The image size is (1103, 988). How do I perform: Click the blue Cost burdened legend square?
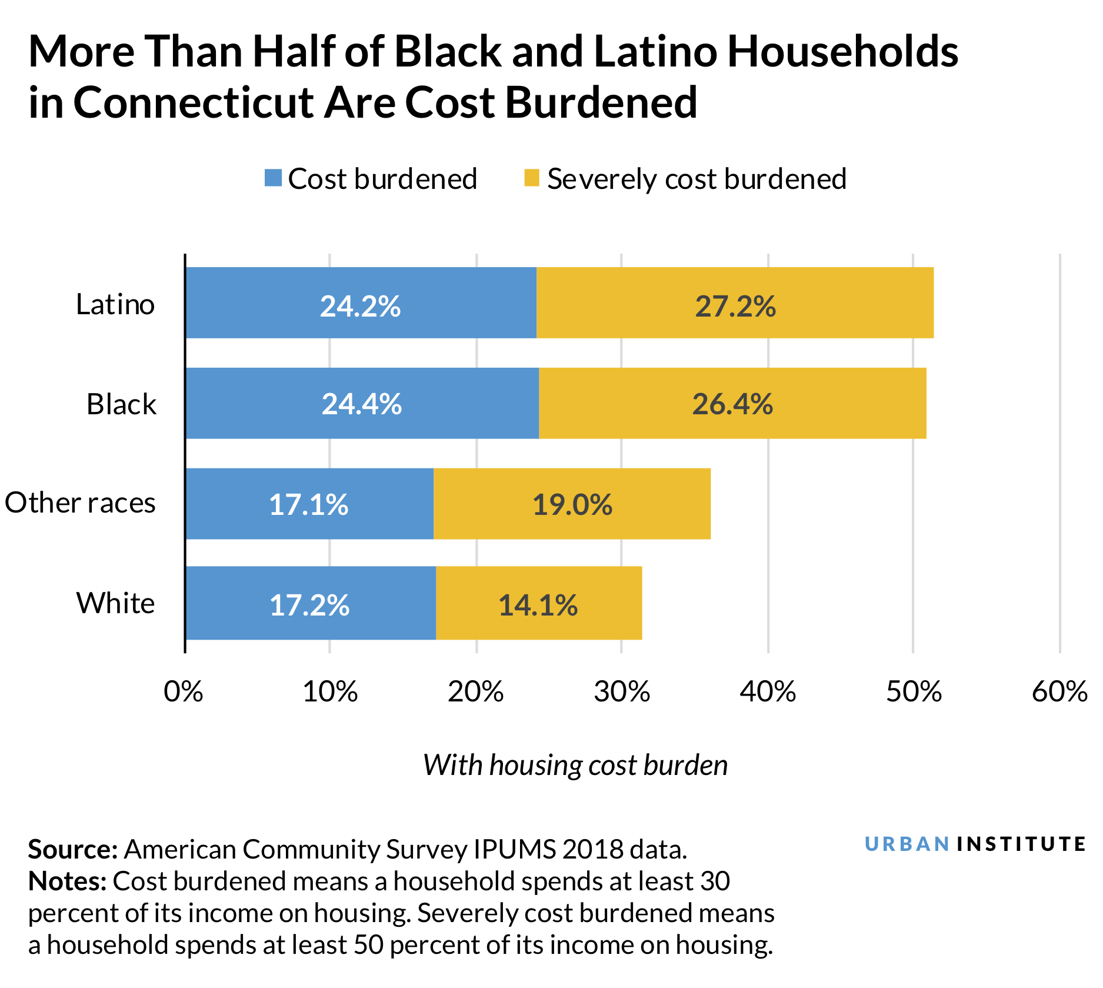pyautogui.click(x=274, y=178)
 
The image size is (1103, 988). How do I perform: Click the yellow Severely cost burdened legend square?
pyautogui.click(x=532, y=178)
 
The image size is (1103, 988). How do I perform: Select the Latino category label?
pyautogui.click(x=115, y=305)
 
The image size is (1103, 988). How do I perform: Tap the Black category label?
pyautogui.click(x=121, y=405)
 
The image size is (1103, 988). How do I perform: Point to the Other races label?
pyautogui.click(x=80, y=503)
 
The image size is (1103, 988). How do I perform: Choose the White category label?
pyautogui.click(x=115, y=604)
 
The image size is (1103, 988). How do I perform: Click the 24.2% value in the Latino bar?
pyautogui.click(x=360, y=307)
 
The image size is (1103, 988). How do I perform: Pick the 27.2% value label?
pyautogui.click(x=735, y=307)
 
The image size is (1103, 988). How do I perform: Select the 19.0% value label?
pyautogui.click(x=572, y=505)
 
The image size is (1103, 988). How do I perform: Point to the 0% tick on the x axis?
pyautogui.click(x=184, y=691)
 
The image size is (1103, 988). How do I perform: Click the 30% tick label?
pyautogui.click(x=622, y=691)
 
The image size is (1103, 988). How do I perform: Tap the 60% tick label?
pyautogui.click(x=1059, y=691)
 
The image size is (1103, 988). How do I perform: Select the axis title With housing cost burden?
pyautogui.click(x=575, y=766)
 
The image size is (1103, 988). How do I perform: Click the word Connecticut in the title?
pyautogui.click(x=194, y=103)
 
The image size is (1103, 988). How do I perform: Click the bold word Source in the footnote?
pyautogui.click(x=73, y=850)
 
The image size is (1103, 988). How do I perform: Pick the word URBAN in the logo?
pyautogui.click(x=907, y=844)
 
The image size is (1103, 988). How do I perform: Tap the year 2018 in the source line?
pyautogui.click(x=592, y=850)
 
